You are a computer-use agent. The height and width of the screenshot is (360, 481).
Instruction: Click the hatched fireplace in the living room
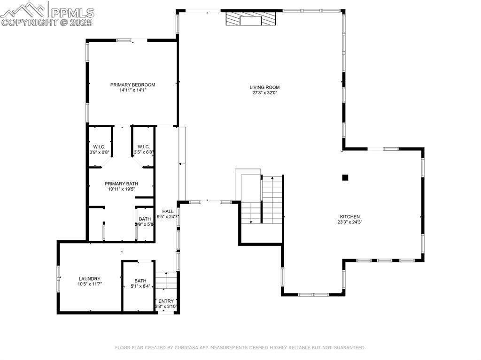pyautogui.click(x=250, y=19)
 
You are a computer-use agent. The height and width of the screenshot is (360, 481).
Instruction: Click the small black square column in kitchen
pyautogui.click(x=345, y=177)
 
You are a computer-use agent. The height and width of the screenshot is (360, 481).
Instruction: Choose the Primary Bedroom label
pyautogui.click(x=132, y=85)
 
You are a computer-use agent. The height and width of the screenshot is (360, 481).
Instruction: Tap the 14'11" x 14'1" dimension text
pyautogui.click(x=132, y=91)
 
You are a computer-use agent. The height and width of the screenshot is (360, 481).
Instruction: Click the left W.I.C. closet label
pyautogui.click(x=99, y=147)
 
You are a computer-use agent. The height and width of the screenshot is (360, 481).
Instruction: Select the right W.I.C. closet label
pyautogui.click(x=143, y=147)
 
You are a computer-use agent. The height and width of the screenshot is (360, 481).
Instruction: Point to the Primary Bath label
pyautogui.click(x=121, y=184)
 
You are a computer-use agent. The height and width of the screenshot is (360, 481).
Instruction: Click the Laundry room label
pyautogui.click(x=89, y=279)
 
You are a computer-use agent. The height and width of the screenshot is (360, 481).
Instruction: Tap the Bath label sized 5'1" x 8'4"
pyautogui.click(x=140, y=281)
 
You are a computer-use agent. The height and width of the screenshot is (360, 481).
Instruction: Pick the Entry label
pyautogui.click(x=166, y=301)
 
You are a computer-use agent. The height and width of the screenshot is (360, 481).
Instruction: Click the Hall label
pyautogui.click(x=168, y=211)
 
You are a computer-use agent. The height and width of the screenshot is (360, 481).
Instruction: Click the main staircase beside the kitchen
pyautogui.click(x=272, y=199)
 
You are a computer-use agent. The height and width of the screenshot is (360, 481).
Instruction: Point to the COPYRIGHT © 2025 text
pyautogui.click(x=47, y=22)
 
